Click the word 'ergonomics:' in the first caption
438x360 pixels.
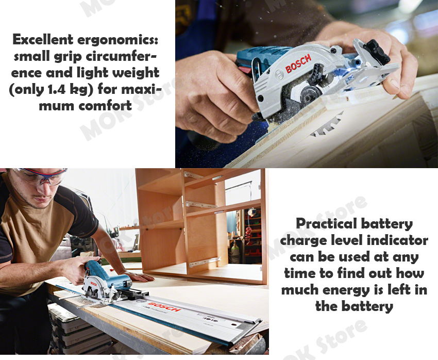tap(117, 40)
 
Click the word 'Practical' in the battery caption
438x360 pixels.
tap(326, 224)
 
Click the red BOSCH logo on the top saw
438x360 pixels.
tap(298, 63)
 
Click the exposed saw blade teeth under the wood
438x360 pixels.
tap(327, 125)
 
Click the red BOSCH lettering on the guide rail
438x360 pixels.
tap(164, 306)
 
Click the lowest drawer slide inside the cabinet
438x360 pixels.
tap(205, 262)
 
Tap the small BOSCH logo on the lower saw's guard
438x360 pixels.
tap(93, 284)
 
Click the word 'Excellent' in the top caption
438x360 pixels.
tap(43, 39)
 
